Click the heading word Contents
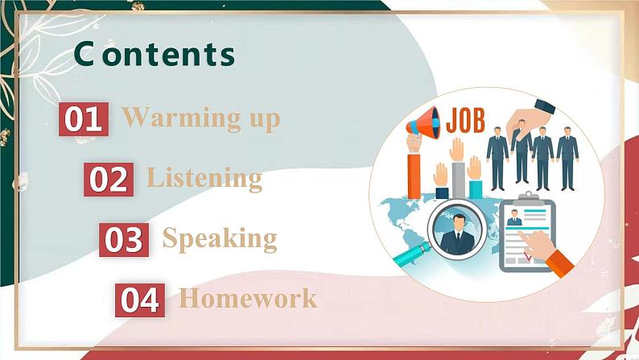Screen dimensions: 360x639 click(154, 54)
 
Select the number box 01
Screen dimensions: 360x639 click(83, 119)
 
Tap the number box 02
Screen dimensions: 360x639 click(109, 179)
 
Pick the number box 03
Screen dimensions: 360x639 click(124, 239)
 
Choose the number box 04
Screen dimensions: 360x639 click(140, 300)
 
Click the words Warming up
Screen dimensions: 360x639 click(201, 119)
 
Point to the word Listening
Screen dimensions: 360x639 click(204, 178)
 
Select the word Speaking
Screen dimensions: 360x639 click(220, 238)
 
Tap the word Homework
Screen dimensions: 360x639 click(248, 299)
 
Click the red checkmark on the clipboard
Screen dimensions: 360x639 click(528, 257)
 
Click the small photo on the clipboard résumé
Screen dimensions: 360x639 click(513, 217)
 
